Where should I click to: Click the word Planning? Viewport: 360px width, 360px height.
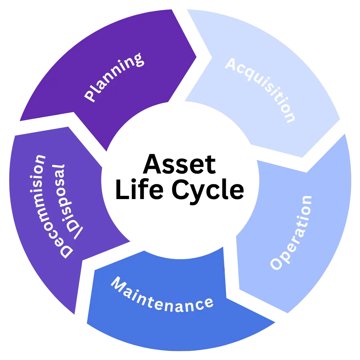click(114, 77)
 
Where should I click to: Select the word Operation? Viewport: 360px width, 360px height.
click(291, 233)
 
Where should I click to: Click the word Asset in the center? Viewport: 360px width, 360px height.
click(179, 164)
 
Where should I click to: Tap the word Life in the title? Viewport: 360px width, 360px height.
click(139, 190)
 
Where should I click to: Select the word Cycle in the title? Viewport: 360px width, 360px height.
click(208, 191)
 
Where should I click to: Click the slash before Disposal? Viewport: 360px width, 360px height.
click(78, 233)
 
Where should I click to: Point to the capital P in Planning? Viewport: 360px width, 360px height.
click(90, 96)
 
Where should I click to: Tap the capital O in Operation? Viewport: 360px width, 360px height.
click(276, 264)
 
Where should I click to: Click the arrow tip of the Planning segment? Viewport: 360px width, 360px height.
click(197, 57)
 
